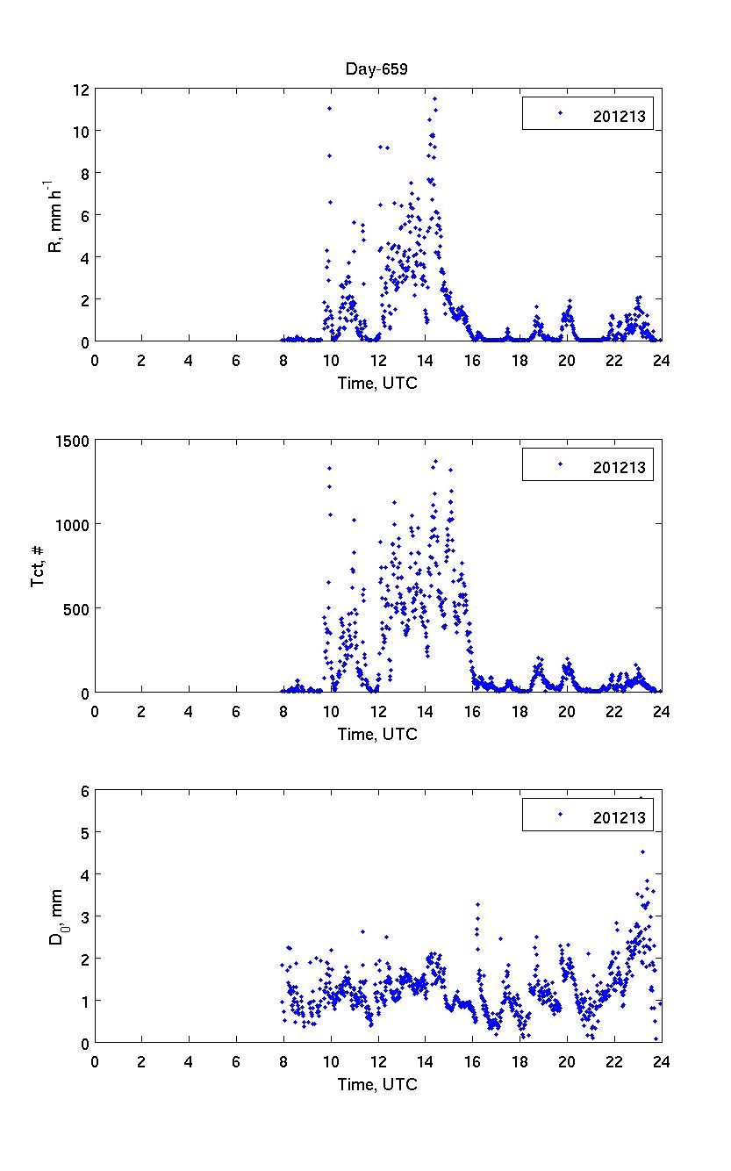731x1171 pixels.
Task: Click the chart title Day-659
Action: point(377,68)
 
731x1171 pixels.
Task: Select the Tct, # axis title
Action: point(39,566)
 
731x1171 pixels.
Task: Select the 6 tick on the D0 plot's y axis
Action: point(84,791)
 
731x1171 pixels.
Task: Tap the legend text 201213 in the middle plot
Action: point(619,467)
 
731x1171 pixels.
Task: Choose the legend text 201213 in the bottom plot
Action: point(619,818)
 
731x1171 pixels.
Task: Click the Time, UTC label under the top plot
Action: point(377,383)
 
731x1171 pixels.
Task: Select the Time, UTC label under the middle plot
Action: point(377,734)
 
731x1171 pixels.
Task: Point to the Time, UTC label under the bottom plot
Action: point(377,1084)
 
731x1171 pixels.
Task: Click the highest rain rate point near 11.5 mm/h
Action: point(434,99)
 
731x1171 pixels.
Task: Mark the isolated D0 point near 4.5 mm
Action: point(642,851)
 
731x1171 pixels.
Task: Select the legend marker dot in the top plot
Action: point(560,113)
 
